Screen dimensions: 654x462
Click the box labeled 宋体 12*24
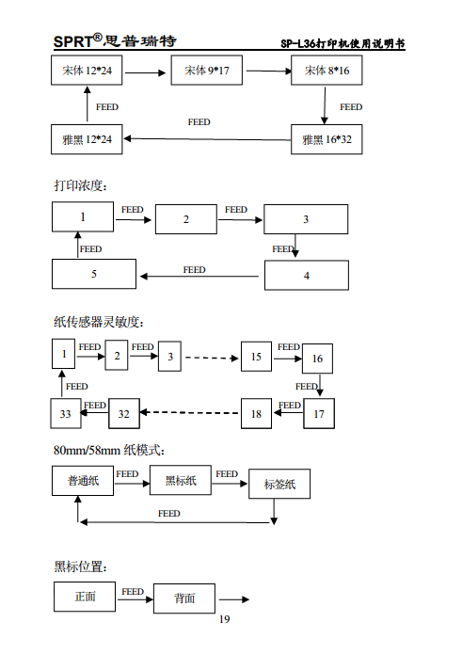(x=87, y=72)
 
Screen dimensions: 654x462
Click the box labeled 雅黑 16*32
(x=327, y=139)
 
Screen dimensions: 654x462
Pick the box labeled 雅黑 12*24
(x=87, y=139)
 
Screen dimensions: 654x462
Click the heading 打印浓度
(x=80, y=184)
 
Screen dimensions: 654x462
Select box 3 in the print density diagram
(x=306, y=219)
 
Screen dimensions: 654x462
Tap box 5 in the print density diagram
(x=94, y=274)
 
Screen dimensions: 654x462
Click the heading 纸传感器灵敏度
(x=98, y=322)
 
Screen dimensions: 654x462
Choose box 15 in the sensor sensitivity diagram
(x=255, y=357)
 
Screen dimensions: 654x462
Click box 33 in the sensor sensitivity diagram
(x=65, y=413)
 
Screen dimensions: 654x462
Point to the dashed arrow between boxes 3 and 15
(x=211, y=358)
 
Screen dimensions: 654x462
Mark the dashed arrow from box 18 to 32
(x=191, y=412)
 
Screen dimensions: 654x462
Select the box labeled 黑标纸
(x=181, y=481)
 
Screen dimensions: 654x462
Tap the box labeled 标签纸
(x=279, y=485)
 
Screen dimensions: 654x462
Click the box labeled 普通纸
(x=82, y=481)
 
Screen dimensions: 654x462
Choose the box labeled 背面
(x=184, y=598)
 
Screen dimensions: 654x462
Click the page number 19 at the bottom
(x=224, y=619)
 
